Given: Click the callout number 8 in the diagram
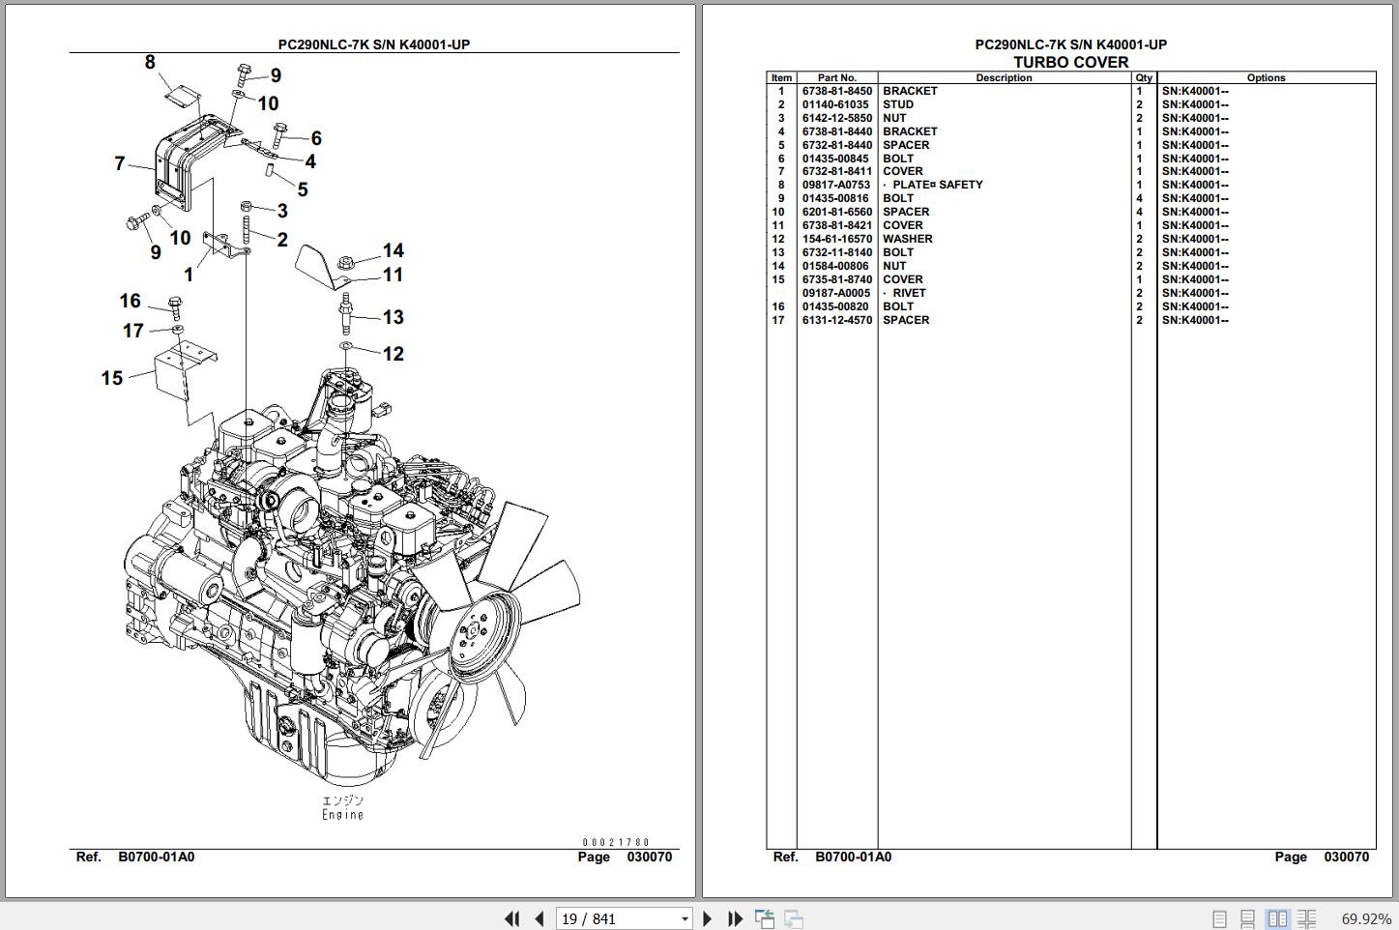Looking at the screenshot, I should pyautogui.click(x=150, y=63).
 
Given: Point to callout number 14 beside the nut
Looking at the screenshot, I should pyautogui.click(x=393, y=251).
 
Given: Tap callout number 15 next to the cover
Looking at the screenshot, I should pyautogui.click(x=112, y=378).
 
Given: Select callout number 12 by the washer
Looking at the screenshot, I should pyautogui.click(x=393, y=354).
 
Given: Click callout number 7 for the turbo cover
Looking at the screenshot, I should pyautogui.click(x=120, y=163).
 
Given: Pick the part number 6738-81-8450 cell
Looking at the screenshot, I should pyautogui.click(x=836, y=92).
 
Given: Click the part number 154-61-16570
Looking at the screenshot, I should pyautogui.click(x=836, y=240).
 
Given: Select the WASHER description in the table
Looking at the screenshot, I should pyautogui.click(x=907, y=240).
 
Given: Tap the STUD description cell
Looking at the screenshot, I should pyautogui.click(x=897, y=105).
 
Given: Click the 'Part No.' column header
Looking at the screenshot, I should pyautogui.click(x=836, y=78).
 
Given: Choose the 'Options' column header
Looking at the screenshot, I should pyautogui.click(x=1266, y=78).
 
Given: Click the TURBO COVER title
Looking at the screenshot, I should pyautogui.click(x=1070, y=63).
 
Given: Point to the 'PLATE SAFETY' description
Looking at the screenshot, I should pyautogui.click(x=936, y=186).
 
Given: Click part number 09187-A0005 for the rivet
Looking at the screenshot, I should pyautogui.click(x=836, y=294).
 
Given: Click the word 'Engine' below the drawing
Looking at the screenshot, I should pyautogui.click(x=343, y=815).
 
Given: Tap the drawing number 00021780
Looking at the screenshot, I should pyautogui.click(x=616, y=843).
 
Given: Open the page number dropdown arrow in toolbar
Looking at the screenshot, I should pyautogui.click(x=685, y=918).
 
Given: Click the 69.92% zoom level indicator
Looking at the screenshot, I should pyautogui.click(x=1366, y=918).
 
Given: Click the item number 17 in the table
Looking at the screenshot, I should pyautogui.click(x=778, y=321).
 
